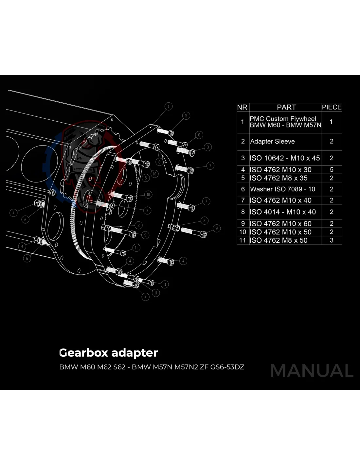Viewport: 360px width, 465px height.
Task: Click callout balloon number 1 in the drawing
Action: (168, 106)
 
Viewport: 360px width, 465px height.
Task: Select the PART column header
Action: (286, 107)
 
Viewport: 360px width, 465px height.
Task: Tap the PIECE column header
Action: (332, 107)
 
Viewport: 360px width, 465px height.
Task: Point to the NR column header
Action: (242, 107)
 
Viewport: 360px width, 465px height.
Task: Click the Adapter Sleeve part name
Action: (272, 142)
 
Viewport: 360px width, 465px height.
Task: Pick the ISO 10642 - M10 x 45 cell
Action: (285, 158)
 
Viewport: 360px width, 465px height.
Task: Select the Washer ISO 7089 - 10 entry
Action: (282, 189)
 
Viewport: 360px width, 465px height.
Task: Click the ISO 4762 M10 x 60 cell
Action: (281, 224)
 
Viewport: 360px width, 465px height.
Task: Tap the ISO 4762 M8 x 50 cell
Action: (279, 240)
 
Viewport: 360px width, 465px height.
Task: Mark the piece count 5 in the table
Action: (332, 170)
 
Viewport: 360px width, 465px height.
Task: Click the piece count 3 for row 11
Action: (332, 240)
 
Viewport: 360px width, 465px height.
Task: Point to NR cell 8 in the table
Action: (243, 212)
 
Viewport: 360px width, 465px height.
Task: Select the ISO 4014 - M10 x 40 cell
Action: (283, 212)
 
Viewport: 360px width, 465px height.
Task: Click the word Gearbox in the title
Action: (83, 353)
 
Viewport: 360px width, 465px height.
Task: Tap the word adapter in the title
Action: (135, 353)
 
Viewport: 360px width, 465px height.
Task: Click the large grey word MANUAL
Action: (312, 371)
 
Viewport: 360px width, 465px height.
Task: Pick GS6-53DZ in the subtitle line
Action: (227, 367)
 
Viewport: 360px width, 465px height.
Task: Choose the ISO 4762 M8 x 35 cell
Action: (279, 178)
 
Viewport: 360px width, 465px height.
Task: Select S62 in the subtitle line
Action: (119, 367)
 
